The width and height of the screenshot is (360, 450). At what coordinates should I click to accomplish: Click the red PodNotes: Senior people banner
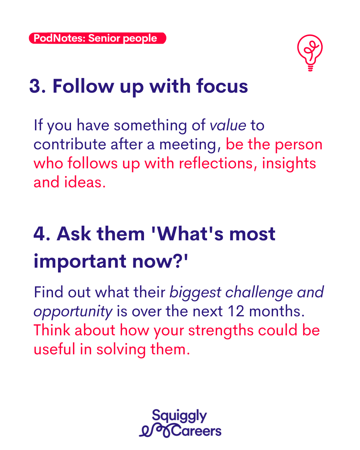click(97, 38)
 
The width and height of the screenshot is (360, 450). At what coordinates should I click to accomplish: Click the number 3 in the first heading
click(35, 86)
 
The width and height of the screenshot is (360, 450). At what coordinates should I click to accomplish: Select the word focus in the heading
click(222, 86)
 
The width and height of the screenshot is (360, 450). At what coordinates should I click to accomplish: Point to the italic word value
click(228, 125)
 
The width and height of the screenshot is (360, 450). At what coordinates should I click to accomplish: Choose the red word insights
click(289, 164)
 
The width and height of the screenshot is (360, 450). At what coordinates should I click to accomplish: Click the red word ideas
click(85, 182)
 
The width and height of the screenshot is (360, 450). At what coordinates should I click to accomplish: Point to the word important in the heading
click(80, 261)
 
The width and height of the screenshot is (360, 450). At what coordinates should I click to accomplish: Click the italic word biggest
click(195, 293)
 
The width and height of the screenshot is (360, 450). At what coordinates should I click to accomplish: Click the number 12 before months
click(236, 311)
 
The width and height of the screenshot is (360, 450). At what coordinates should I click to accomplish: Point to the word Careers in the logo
click(196, 431)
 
